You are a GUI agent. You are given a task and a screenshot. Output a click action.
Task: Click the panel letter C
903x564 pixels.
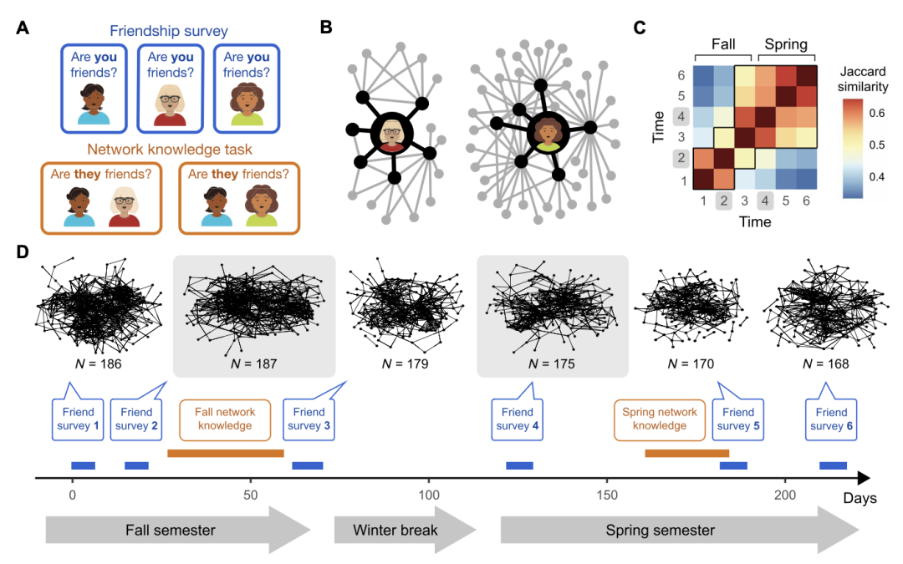pos(640,27)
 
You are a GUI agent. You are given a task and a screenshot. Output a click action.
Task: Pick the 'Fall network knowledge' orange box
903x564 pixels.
pos(225,419)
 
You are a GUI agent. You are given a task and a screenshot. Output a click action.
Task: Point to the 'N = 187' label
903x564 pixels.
pos(253,363)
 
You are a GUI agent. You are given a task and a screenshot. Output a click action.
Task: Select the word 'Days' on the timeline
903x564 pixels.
pos(860,499)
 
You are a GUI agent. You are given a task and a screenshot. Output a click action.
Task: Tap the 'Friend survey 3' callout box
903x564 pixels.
pos(309,419)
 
